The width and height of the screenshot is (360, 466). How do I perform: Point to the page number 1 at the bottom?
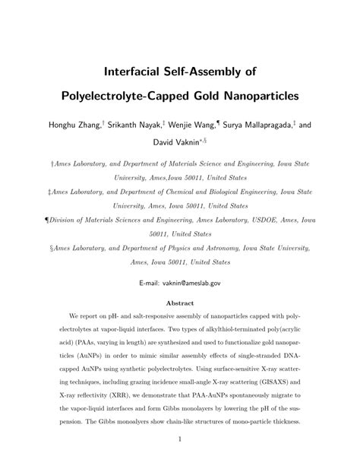pyautogui.click(x=180, y=439)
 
